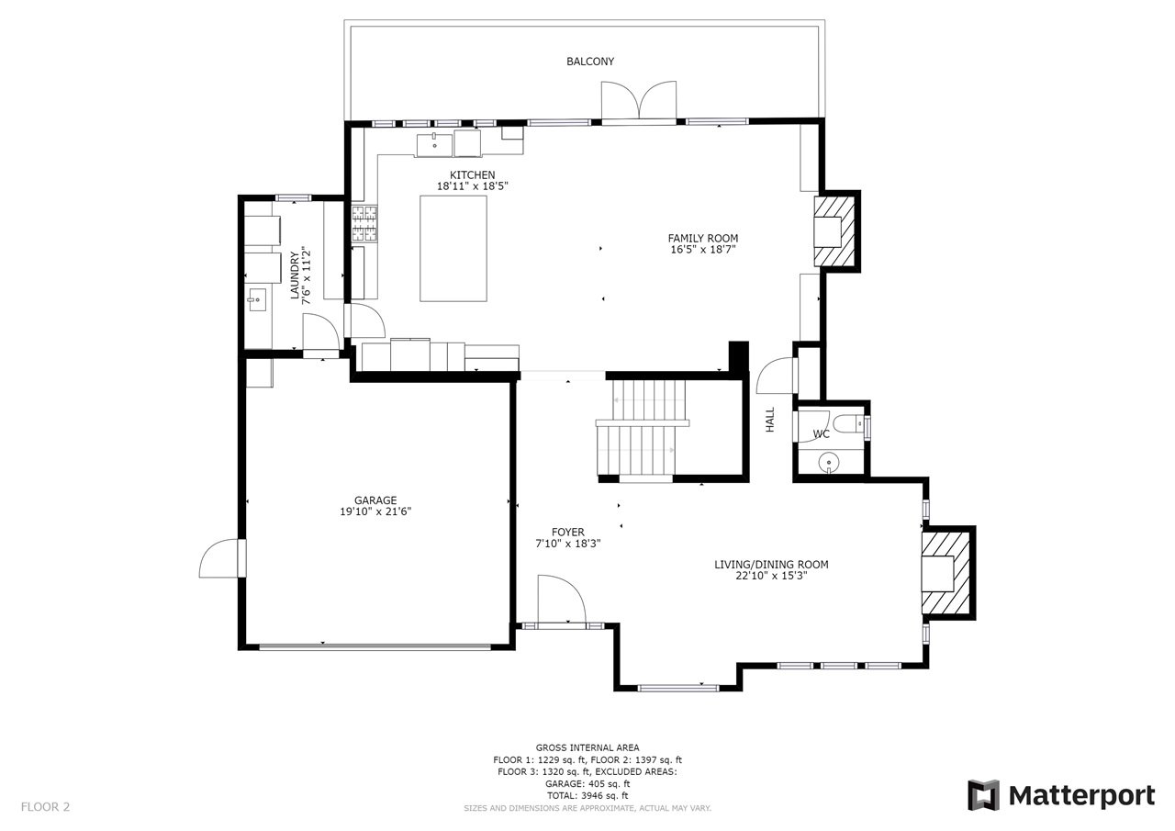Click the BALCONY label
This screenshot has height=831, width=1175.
click(590, 62)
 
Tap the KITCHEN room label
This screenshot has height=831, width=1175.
click(472, 175)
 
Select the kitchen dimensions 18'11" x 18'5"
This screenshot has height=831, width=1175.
click(472, 186)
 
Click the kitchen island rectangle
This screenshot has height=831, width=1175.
click(453, 249)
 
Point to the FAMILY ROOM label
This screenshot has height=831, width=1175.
click(703, 238)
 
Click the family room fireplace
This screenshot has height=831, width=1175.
click(834, 231)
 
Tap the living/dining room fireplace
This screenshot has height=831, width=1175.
click(946, 573)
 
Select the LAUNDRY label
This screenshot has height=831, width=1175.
click(295, 276)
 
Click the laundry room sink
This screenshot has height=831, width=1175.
click(257, 299)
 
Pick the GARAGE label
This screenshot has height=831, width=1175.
click(375, 500)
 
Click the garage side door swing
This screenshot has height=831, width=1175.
click(221, 558)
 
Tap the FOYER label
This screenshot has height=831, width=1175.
click(568, 533)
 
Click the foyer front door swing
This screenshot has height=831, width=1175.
click(562, 599)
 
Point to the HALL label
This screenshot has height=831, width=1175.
click(770, 420)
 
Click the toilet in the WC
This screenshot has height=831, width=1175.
click(848, 423)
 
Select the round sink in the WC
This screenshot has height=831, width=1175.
click(828, 463)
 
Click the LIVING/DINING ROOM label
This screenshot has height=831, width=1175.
click(771, 565)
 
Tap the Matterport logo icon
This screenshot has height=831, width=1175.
click(983, 795)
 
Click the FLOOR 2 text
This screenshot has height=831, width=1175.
click(45, 807)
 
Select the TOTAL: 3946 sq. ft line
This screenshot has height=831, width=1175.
click(587, 796)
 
